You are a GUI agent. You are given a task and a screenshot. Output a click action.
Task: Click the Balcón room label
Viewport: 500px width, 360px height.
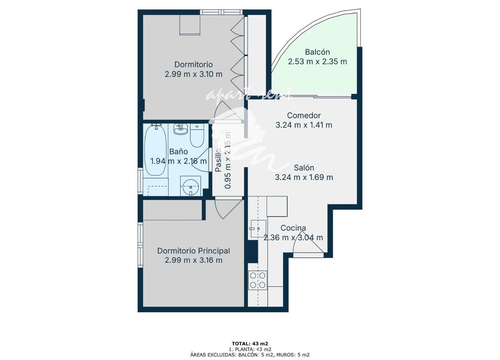317,52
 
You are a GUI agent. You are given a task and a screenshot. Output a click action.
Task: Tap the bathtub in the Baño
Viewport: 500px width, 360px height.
155,151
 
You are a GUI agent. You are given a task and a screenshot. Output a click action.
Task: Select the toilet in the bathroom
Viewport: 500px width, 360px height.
197,135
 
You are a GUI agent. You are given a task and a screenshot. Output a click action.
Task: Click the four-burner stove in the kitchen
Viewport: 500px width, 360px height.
257,280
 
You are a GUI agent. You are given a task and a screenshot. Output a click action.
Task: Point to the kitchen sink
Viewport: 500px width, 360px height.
258,229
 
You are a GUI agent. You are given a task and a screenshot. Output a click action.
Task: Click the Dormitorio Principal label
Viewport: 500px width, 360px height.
193,251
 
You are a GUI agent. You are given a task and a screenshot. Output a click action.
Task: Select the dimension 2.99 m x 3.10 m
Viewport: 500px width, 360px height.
193,74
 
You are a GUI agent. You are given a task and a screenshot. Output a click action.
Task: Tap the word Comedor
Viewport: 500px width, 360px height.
304,115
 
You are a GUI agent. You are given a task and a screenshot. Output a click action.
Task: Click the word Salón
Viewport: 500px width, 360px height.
304,168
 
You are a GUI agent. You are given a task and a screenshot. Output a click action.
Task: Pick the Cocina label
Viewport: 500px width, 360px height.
293,228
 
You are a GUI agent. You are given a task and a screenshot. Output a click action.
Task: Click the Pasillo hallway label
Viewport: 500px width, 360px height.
218,160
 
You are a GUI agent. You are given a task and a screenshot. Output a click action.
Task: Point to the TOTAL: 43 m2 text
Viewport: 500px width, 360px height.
250,344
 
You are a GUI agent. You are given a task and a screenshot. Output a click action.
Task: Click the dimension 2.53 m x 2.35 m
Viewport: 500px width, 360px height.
317,61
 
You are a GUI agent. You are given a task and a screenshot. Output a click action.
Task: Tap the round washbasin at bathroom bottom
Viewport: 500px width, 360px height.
191,186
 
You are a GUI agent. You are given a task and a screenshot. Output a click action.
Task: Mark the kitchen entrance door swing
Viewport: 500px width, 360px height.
308,244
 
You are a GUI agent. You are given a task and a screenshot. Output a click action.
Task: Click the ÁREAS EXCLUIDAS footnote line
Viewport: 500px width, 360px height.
250,355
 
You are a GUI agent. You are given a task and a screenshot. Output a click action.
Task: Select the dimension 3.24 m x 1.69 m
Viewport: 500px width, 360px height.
304,177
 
